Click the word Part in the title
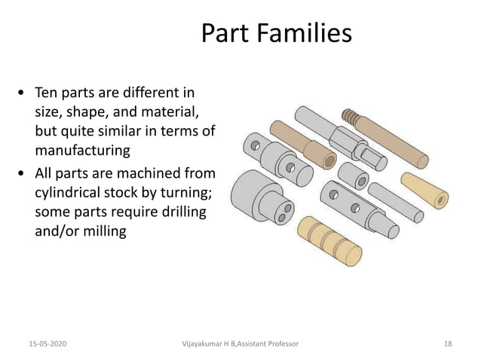click(225, 34)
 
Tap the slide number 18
click(449, 343)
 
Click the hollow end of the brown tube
click(329, 161)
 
